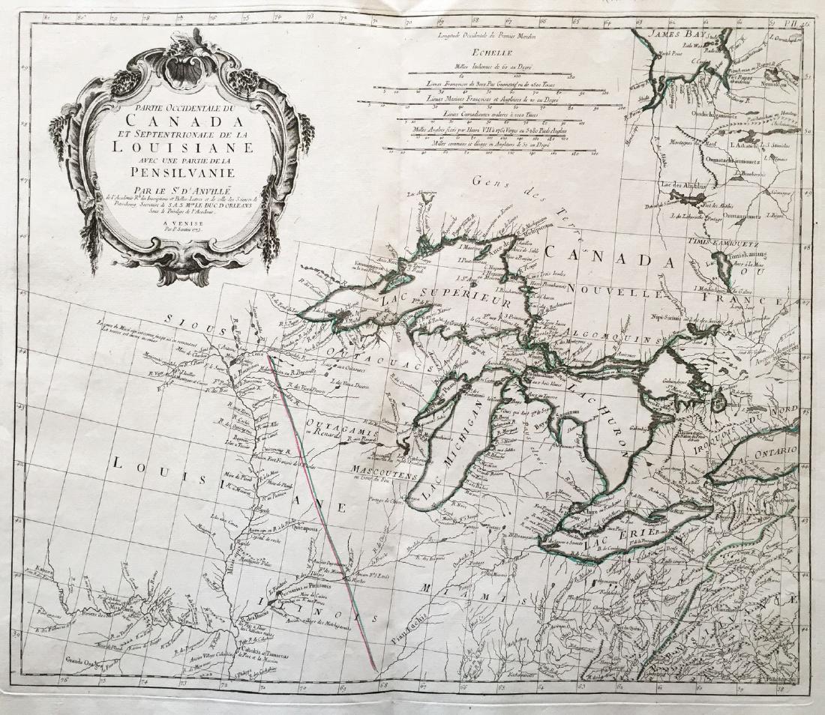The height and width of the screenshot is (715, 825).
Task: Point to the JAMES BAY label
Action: tap(669, 33)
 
